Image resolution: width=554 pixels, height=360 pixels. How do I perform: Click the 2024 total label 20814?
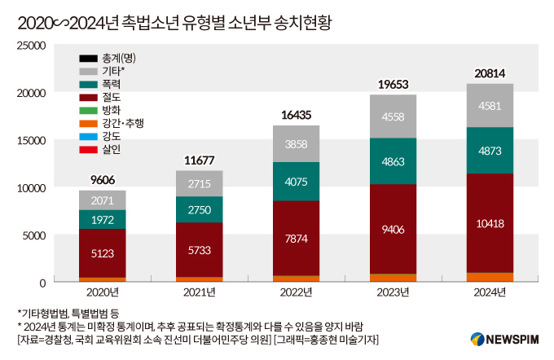(x=489, y=74)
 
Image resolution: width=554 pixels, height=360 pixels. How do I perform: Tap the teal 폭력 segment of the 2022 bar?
(x=296, y=182)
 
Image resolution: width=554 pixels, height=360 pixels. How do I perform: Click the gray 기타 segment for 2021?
(x=199, y=183)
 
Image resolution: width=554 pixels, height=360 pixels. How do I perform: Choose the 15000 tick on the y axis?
(x=34, y=140)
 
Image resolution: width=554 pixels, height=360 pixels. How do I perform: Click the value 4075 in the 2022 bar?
(x=296, y=182)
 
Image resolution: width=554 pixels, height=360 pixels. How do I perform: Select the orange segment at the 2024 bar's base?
(x=490, y=277)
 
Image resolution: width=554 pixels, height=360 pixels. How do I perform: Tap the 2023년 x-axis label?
(x=393, y=291)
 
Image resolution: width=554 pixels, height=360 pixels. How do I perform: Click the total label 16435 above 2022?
(x=296, y=116)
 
